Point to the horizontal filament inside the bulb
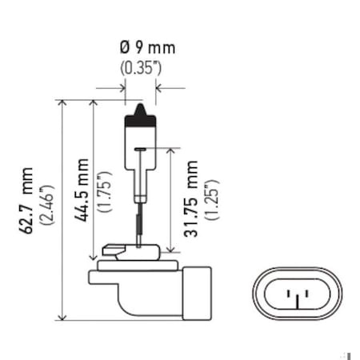coord(141,149)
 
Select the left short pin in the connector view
coord(289,294)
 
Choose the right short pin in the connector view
coord(306,294)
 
